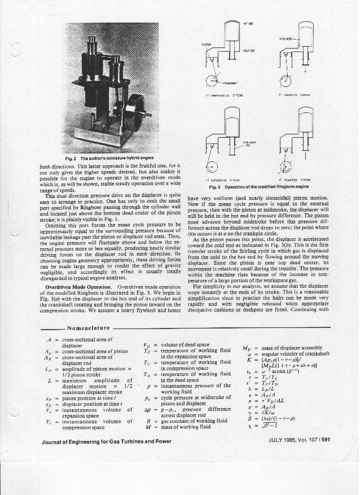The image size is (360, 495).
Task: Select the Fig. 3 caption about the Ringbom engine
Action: [x=259, y=186]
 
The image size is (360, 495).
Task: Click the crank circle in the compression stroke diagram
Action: [x=214, y=80]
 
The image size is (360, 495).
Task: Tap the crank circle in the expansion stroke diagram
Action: [x=212, y=166]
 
